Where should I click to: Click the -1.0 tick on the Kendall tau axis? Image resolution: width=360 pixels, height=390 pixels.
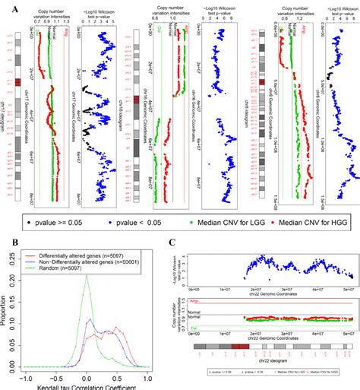click(28, 378)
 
